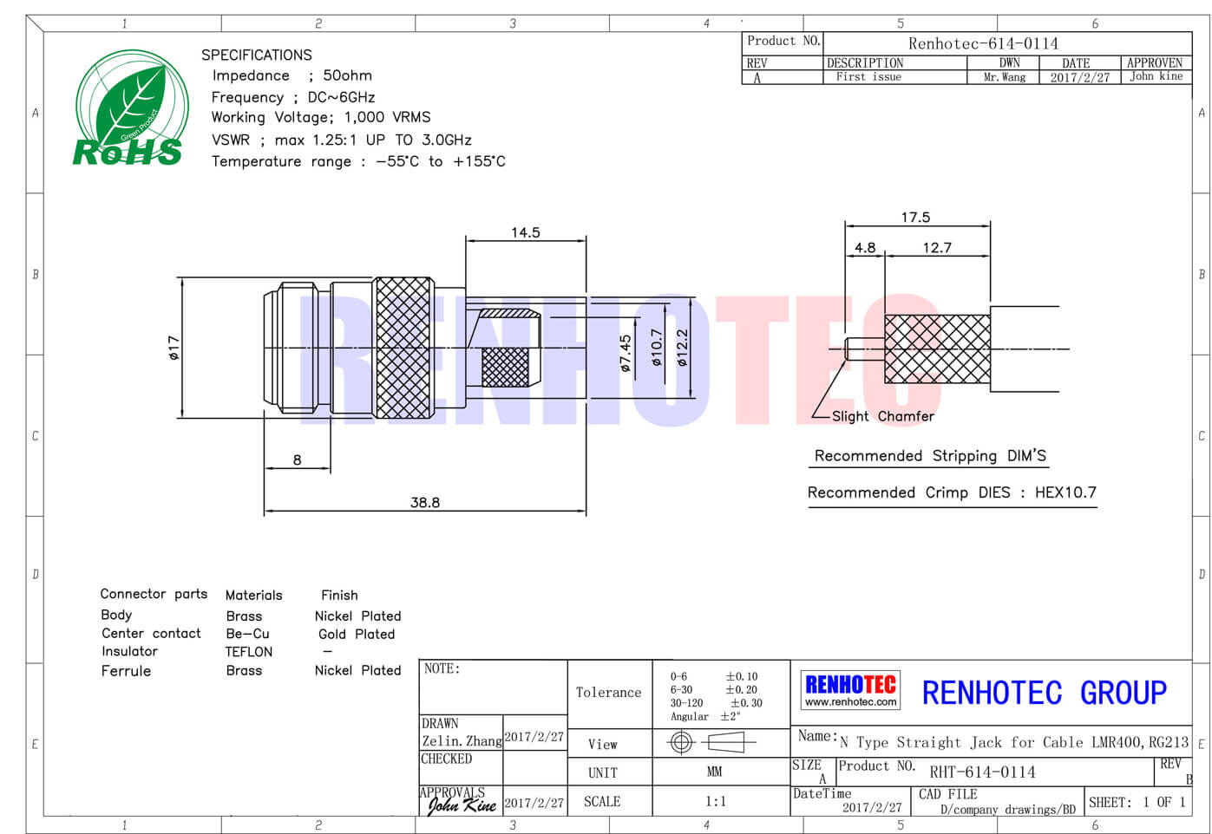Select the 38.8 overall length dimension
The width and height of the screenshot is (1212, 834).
click(x=425, y=502)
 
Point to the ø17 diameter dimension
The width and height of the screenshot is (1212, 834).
click(x=174, y=348)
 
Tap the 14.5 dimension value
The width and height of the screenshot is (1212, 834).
click(x=526, y=232)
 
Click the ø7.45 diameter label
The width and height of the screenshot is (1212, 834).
click(x=625, y=353)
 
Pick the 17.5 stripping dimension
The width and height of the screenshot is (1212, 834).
click(x=915, y=218)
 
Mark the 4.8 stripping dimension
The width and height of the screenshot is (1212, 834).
click(x=865, y=248)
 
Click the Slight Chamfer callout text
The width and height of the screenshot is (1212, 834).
click(x=882, y=416)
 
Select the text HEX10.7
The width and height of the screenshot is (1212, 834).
click(x=1065, y=492)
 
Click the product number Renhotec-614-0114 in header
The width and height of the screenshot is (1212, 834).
click(x=983, y=43)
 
